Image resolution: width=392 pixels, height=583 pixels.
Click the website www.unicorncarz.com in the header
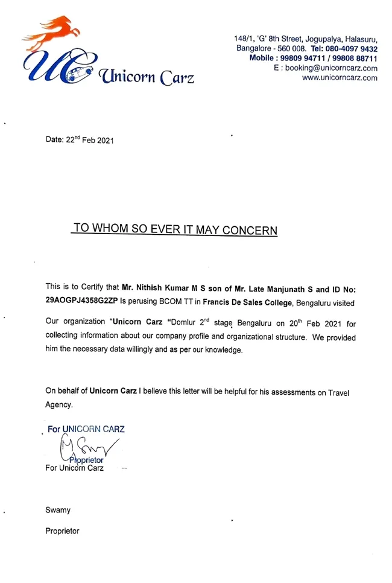[340, 78]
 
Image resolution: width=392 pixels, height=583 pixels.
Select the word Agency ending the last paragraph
[59, 405]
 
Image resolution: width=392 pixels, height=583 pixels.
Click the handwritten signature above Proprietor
[84, 447]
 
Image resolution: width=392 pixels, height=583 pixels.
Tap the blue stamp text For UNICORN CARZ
[86, 429]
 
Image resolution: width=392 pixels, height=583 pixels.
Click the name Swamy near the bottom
[58, 510]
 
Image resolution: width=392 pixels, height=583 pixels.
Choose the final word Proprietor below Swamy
[62, 531]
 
